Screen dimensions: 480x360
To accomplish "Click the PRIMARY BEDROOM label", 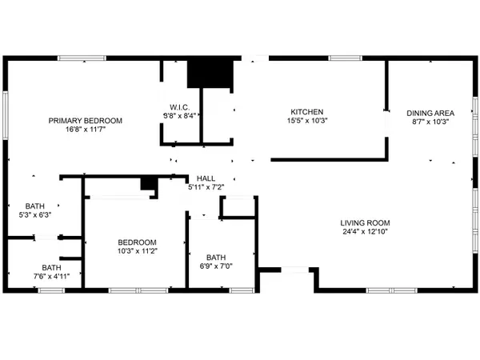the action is tap(86, 121).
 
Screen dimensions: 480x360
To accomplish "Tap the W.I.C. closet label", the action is tap(180, 107).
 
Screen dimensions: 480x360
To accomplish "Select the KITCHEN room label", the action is tap(307, 112).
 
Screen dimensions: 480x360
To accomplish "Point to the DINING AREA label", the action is tap(430, 113).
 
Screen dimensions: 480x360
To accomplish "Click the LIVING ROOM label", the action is tap(366, 223).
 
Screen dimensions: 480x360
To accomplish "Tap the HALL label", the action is tap(206, 178).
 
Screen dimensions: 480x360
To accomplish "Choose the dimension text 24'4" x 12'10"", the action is tap(366, 232).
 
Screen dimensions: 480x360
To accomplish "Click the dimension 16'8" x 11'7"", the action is tap(86, 130).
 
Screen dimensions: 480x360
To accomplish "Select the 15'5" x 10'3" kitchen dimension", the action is tap(307, 121).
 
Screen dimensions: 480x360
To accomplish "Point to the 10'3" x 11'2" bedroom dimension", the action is tap(138, 251).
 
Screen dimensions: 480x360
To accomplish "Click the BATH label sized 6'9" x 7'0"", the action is tap(216, 258).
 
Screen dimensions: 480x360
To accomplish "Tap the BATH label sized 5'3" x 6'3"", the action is tap(35, 206).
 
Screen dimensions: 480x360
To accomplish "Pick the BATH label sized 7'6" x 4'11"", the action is tap(51, 267).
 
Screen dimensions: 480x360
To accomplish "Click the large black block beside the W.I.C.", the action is tap(210, 74).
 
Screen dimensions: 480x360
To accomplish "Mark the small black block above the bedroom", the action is tap(149, 184).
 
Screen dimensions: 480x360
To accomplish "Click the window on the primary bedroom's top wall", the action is tap(82, 58).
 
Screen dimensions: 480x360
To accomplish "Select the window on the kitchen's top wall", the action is tap(346, 58).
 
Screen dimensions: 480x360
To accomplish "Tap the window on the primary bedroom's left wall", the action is tap(6, 115).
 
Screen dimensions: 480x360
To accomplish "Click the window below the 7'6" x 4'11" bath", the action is tap(51, 290).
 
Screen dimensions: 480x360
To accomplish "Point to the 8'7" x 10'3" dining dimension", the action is tap(430, 122).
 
